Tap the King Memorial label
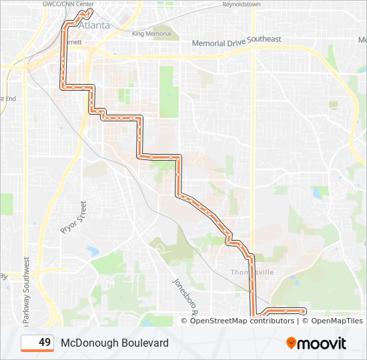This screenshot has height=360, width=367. (x=151, y=33)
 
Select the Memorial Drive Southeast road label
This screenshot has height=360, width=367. (x=236, y=41)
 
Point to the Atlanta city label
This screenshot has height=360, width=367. (x=94, y=25)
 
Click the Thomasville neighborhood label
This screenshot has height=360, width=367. (x=252, y=272)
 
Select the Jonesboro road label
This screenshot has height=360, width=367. (x=186, y=296)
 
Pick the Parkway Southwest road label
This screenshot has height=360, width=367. (x=27, y=290)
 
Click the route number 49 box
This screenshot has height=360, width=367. (x=37, y=343)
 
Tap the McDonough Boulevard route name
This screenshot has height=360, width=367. (x=114, y=343)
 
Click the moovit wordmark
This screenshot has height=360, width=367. (x=322, y=343)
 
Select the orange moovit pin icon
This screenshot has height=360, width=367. (x=291, y=343)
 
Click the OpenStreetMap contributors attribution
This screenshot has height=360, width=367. (x=242, y=321)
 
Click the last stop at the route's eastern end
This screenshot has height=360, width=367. (x=304, y=311)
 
